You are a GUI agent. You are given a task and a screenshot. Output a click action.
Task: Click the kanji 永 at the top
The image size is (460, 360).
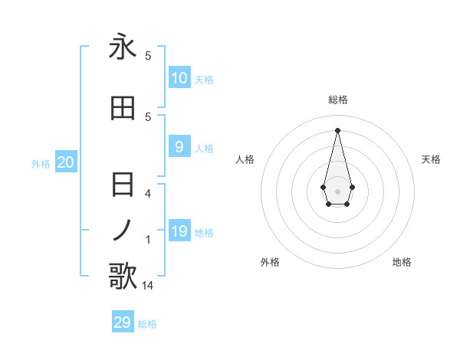[123, 47]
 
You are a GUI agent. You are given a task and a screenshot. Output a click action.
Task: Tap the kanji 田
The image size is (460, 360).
[123, 109]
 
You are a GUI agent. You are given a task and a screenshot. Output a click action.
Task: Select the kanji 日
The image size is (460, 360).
[123, 185]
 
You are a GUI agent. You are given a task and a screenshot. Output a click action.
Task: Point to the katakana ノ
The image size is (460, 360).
[123, 228]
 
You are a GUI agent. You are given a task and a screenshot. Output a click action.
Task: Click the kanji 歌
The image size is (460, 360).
[123, 276]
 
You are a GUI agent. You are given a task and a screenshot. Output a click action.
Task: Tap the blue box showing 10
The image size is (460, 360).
[179, 78]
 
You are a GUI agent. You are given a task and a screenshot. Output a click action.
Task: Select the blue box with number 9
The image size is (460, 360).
[179, 147]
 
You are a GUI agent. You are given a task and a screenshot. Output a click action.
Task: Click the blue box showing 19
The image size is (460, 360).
[179, 231]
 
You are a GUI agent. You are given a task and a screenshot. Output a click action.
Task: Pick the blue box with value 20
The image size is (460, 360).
[66, 162]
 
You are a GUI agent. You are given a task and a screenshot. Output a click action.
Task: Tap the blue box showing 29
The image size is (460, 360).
[123, 322]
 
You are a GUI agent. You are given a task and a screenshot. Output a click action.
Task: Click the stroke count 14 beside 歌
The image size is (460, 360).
[148, 286]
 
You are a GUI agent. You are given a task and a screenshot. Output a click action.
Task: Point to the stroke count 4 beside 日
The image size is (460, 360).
[148, 193]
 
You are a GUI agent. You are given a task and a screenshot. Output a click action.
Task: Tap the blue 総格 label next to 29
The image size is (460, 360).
[147, 324]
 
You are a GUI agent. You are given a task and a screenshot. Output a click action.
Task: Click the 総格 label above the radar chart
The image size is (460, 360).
[338, 100]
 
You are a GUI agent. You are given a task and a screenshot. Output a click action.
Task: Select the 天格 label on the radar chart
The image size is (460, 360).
[432, 159]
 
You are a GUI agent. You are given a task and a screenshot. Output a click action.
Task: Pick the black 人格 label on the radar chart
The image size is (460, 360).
[245, 159]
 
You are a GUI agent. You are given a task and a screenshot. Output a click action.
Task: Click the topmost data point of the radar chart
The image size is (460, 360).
[337, 129]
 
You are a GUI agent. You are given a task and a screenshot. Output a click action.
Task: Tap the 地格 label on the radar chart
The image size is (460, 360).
[402, 262]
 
